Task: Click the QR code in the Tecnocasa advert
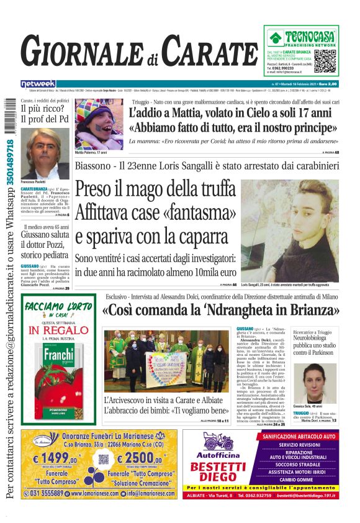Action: [x=326, y=60]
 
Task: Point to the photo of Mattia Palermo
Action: [x=99, y=124]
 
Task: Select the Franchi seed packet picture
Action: [x=59, y=373]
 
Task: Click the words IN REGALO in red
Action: [x=59, y=330]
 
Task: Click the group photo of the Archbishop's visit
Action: [x=167, y=360]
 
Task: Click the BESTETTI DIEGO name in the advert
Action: [x=218, y=471]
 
